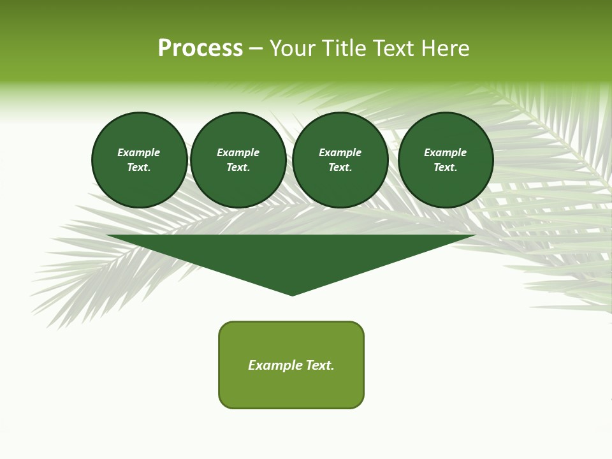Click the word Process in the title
click(200, 48)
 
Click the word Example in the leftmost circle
click(139, 152)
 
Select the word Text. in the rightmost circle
click(445, 167)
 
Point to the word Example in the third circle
click(340, 152)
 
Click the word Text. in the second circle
click(238, 167)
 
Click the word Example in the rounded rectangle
click(275, 365)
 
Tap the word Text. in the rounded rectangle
click(320, 365)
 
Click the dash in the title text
click(256, 48)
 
